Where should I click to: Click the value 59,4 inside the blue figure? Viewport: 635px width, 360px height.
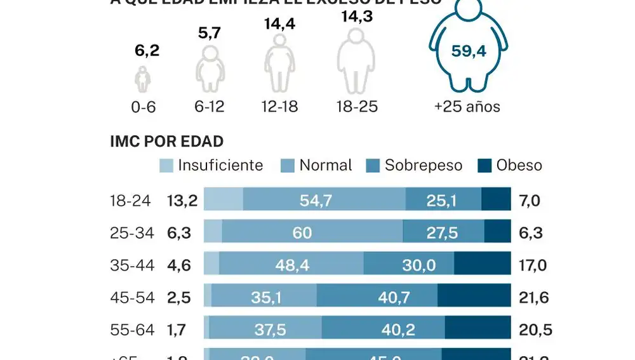[468, 51]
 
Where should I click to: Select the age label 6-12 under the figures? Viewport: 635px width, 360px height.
[209, 107]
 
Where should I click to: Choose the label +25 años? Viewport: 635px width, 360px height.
[467, 107]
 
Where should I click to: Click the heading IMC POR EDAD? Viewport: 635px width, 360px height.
[166, 142]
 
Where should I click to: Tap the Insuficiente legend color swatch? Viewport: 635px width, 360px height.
[166, 166]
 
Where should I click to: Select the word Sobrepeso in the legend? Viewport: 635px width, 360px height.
[424, 166]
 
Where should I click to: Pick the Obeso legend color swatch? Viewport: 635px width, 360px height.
[484, 166]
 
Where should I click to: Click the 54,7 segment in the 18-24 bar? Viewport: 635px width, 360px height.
[324, 201]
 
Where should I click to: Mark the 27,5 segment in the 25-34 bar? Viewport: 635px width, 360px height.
[443, 233]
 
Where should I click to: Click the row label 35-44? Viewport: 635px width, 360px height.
[131, 265]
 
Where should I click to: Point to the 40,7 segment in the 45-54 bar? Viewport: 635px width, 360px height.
[377, 297]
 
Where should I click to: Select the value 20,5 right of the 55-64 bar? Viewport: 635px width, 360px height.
[534, 330]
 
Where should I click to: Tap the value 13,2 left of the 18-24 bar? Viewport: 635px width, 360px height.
[182, 201]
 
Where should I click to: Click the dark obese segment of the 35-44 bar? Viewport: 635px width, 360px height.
[483, 265]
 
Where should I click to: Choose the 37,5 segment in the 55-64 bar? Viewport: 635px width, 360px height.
[265, 330]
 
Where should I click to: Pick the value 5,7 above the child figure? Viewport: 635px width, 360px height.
[209, 34]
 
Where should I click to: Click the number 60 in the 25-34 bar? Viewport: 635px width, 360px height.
[302, 233]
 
